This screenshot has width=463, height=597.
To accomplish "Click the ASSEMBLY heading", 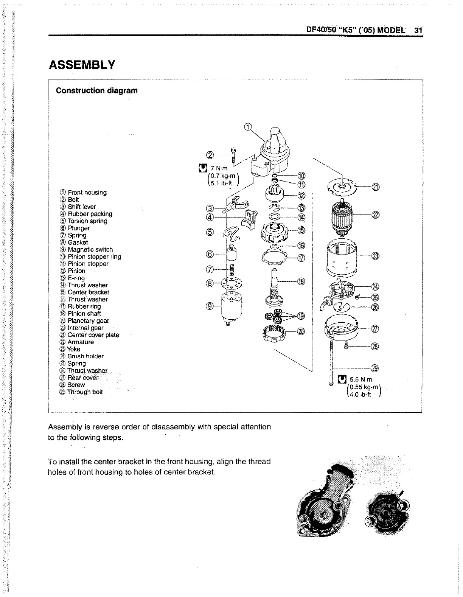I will tap(82, 65).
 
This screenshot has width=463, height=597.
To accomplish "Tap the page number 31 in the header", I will tap(418, 30).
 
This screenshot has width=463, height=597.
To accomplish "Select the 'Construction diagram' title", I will tap(96, 91).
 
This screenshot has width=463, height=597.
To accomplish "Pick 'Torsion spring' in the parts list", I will tap(87, 221).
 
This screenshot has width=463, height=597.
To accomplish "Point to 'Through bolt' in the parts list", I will tap(85, 392).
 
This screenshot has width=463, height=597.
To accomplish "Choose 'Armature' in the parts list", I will tap(80, 342).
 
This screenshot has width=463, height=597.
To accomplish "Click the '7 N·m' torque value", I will tap(219, 168).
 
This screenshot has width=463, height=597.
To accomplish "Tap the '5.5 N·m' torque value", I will tap(360, 379).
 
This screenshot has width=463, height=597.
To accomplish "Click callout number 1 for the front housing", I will tap(247, 127).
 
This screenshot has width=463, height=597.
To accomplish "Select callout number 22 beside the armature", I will tap(375, 215).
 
